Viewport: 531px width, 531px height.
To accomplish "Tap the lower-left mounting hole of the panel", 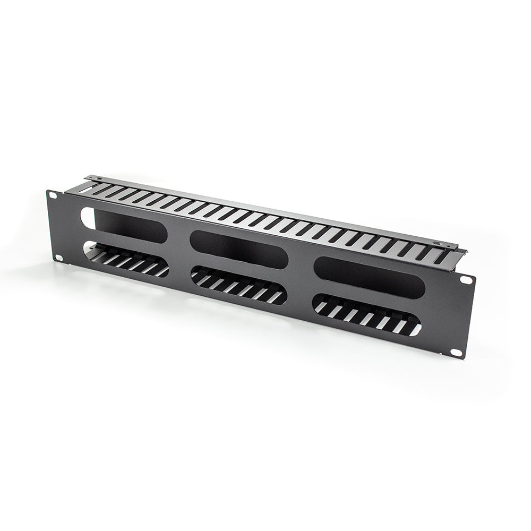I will [58, 258].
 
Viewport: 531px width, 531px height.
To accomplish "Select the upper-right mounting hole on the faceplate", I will [466, 279].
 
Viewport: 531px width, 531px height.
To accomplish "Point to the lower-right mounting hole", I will [456, 352].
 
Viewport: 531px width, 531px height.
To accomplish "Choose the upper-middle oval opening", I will [239, 249].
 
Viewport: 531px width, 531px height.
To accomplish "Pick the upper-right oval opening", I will [370, 277].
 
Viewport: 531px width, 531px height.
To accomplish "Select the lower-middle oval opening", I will [238, 285].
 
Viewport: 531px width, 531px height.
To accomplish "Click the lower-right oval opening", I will [367, 315].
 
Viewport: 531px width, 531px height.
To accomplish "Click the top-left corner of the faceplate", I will [47, 191].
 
